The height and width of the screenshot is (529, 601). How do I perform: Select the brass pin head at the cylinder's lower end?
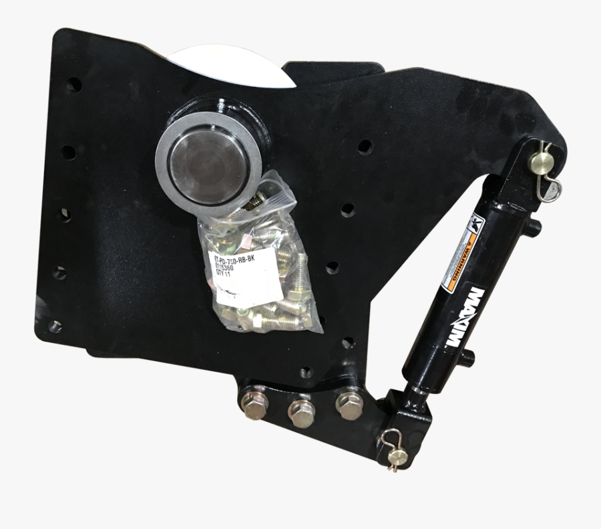(399, 458)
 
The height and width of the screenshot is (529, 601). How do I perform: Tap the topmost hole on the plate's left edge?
(75, 85)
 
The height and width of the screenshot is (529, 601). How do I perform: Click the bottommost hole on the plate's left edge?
(56, 327)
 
